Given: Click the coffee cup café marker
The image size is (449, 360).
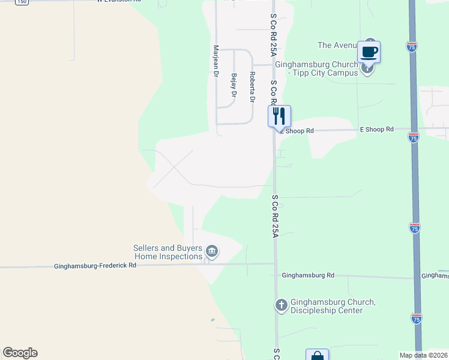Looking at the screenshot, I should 369,52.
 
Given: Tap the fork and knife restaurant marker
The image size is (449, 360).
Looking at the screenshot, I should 279,115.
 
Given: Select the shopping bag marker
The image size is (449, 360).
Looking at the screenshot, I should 317,356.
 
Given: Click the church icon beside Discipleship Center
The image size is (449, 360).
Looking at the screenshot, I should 281,305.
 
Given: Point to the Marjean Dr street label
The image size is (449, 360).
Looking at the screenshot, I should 214,61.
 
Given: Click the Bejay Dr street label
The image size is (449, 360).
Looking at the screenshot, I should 234,86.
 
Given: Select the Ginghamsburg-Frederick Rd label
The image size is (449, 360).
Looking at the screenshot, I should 95,265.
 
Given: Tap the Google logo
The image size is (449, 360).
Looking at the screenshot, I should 20,353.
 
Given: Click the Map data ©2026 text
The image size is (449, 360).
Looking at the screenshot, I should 423,355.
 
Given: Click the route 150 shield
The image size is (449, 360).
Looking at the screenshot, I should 22,2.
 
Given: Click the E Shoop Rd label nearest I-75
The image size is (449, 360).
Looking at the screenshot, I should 376,129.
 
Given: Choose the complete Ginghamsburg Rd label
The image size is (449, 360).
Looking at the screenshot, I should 308,275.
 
